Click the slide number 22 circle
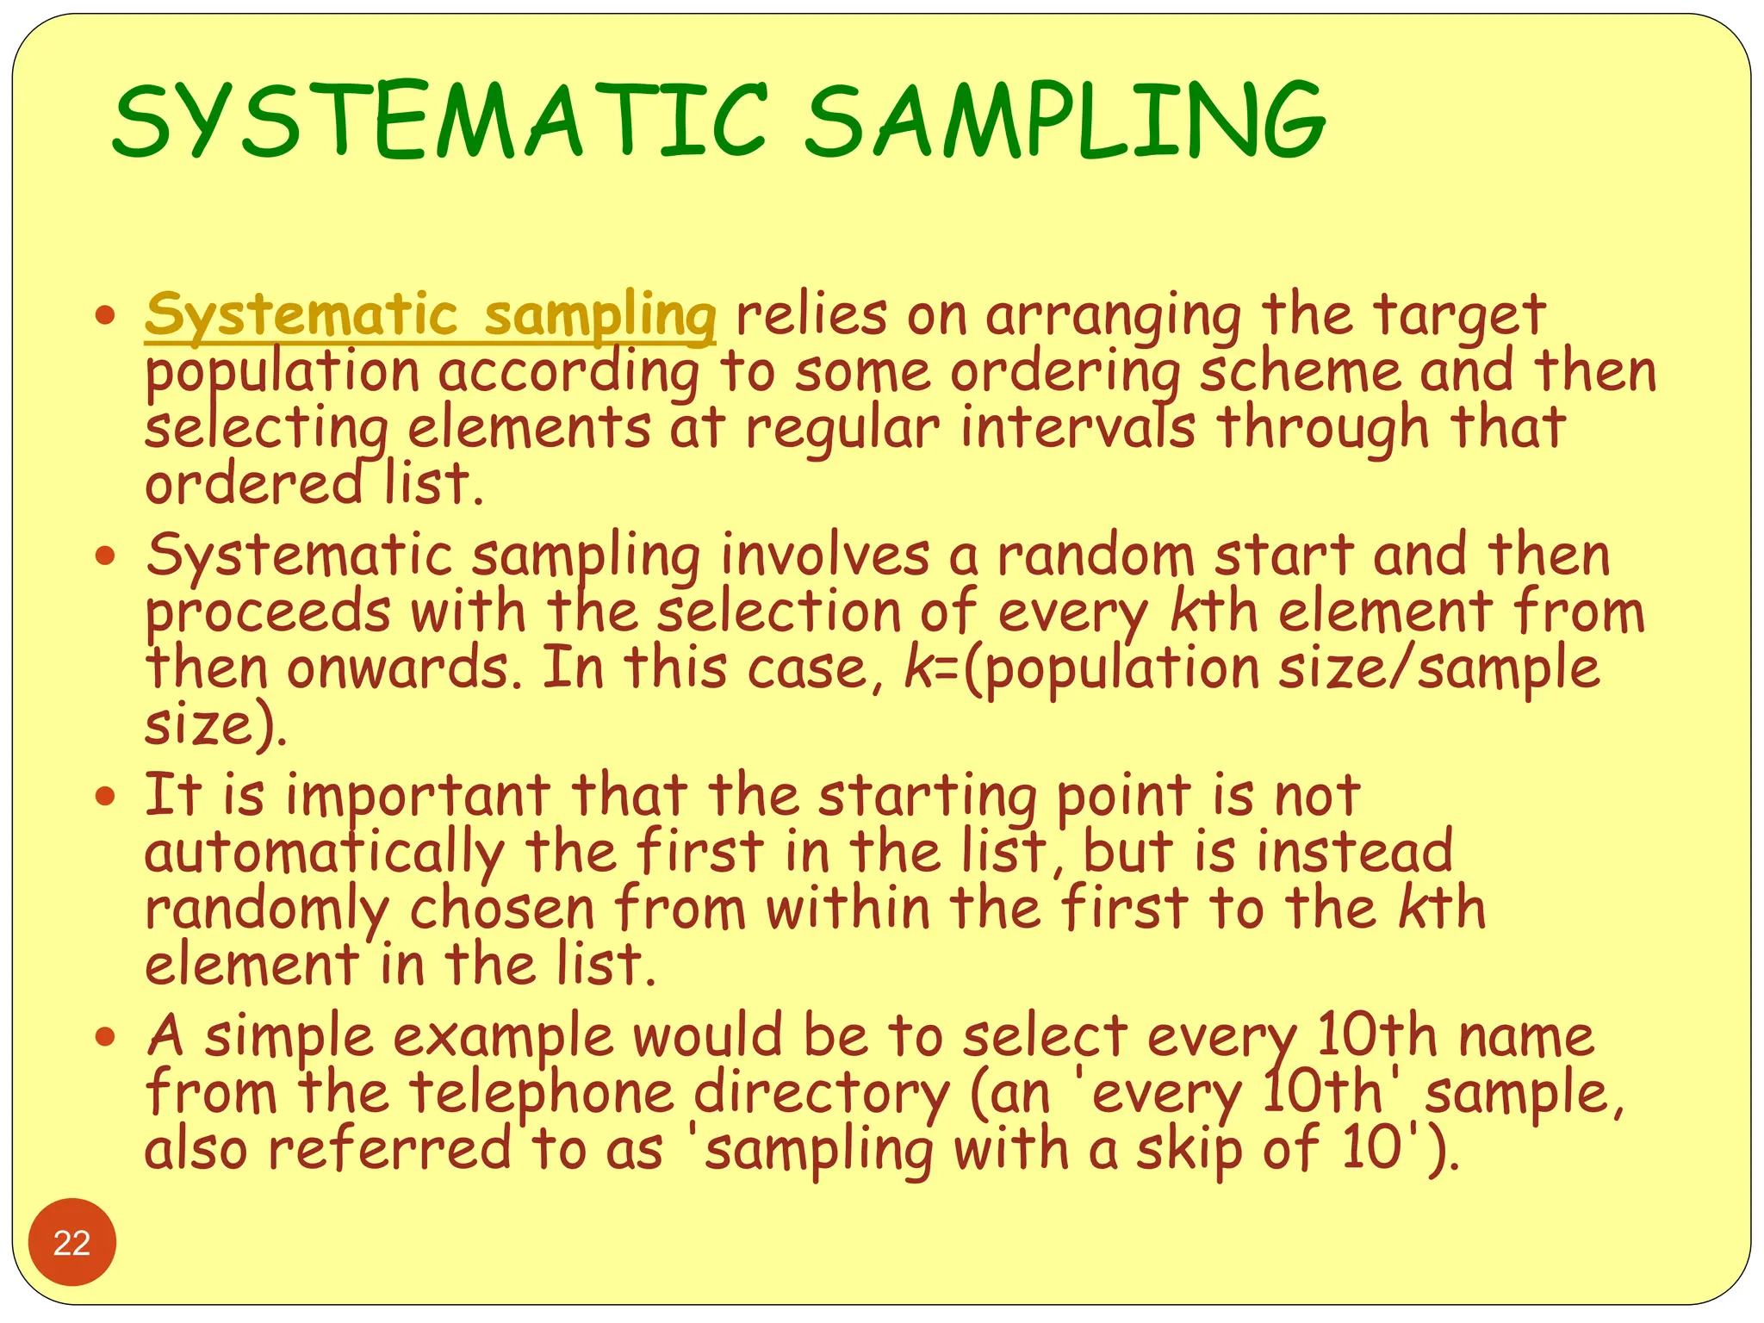click(x=71, y=1242)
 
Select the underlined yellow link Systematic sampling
click(x=430, y=316)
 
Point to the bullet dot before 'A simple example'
click(x=105, y=1036)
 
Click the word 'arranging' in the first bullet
click(x=1113, y=316)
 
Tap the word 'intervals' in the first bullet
click(x=1078, y=428)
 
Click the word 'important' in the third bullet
click(x=418, y=796)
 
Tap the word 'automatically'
click(x=324, y=853)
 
